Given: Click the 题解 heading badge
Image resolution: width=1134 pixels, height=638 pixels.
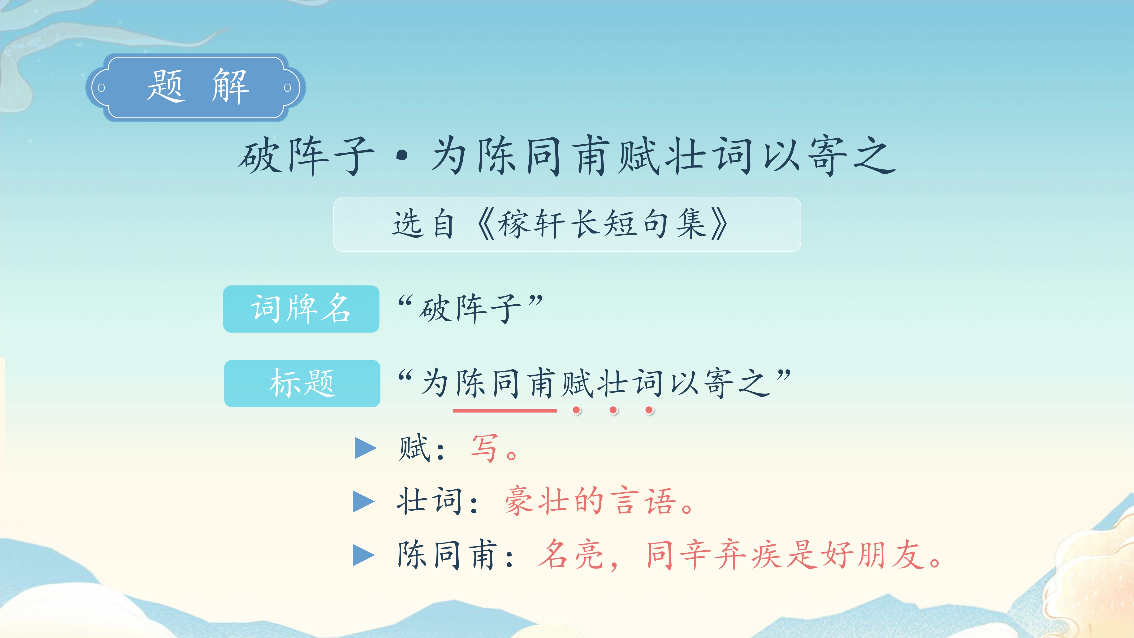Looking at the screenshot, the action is coord(195,87).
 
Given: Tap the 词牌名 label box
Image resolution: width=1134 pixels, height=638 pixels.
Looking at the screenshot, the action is coord(301,309).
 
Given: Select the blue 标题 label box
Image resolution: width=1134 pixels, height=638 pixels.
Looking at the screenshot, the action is coord(302,383).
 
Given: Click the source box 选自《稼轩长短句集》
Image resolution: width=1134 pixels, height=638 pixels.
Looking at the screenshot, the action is coord(567,224).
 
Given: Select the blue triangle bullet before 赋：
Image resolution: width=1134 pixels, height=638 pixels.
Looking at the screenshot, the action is coord(365,448).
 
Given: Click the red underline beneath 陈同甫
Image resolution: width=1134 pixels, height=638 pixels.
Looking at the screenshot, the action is coord(505,410).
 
